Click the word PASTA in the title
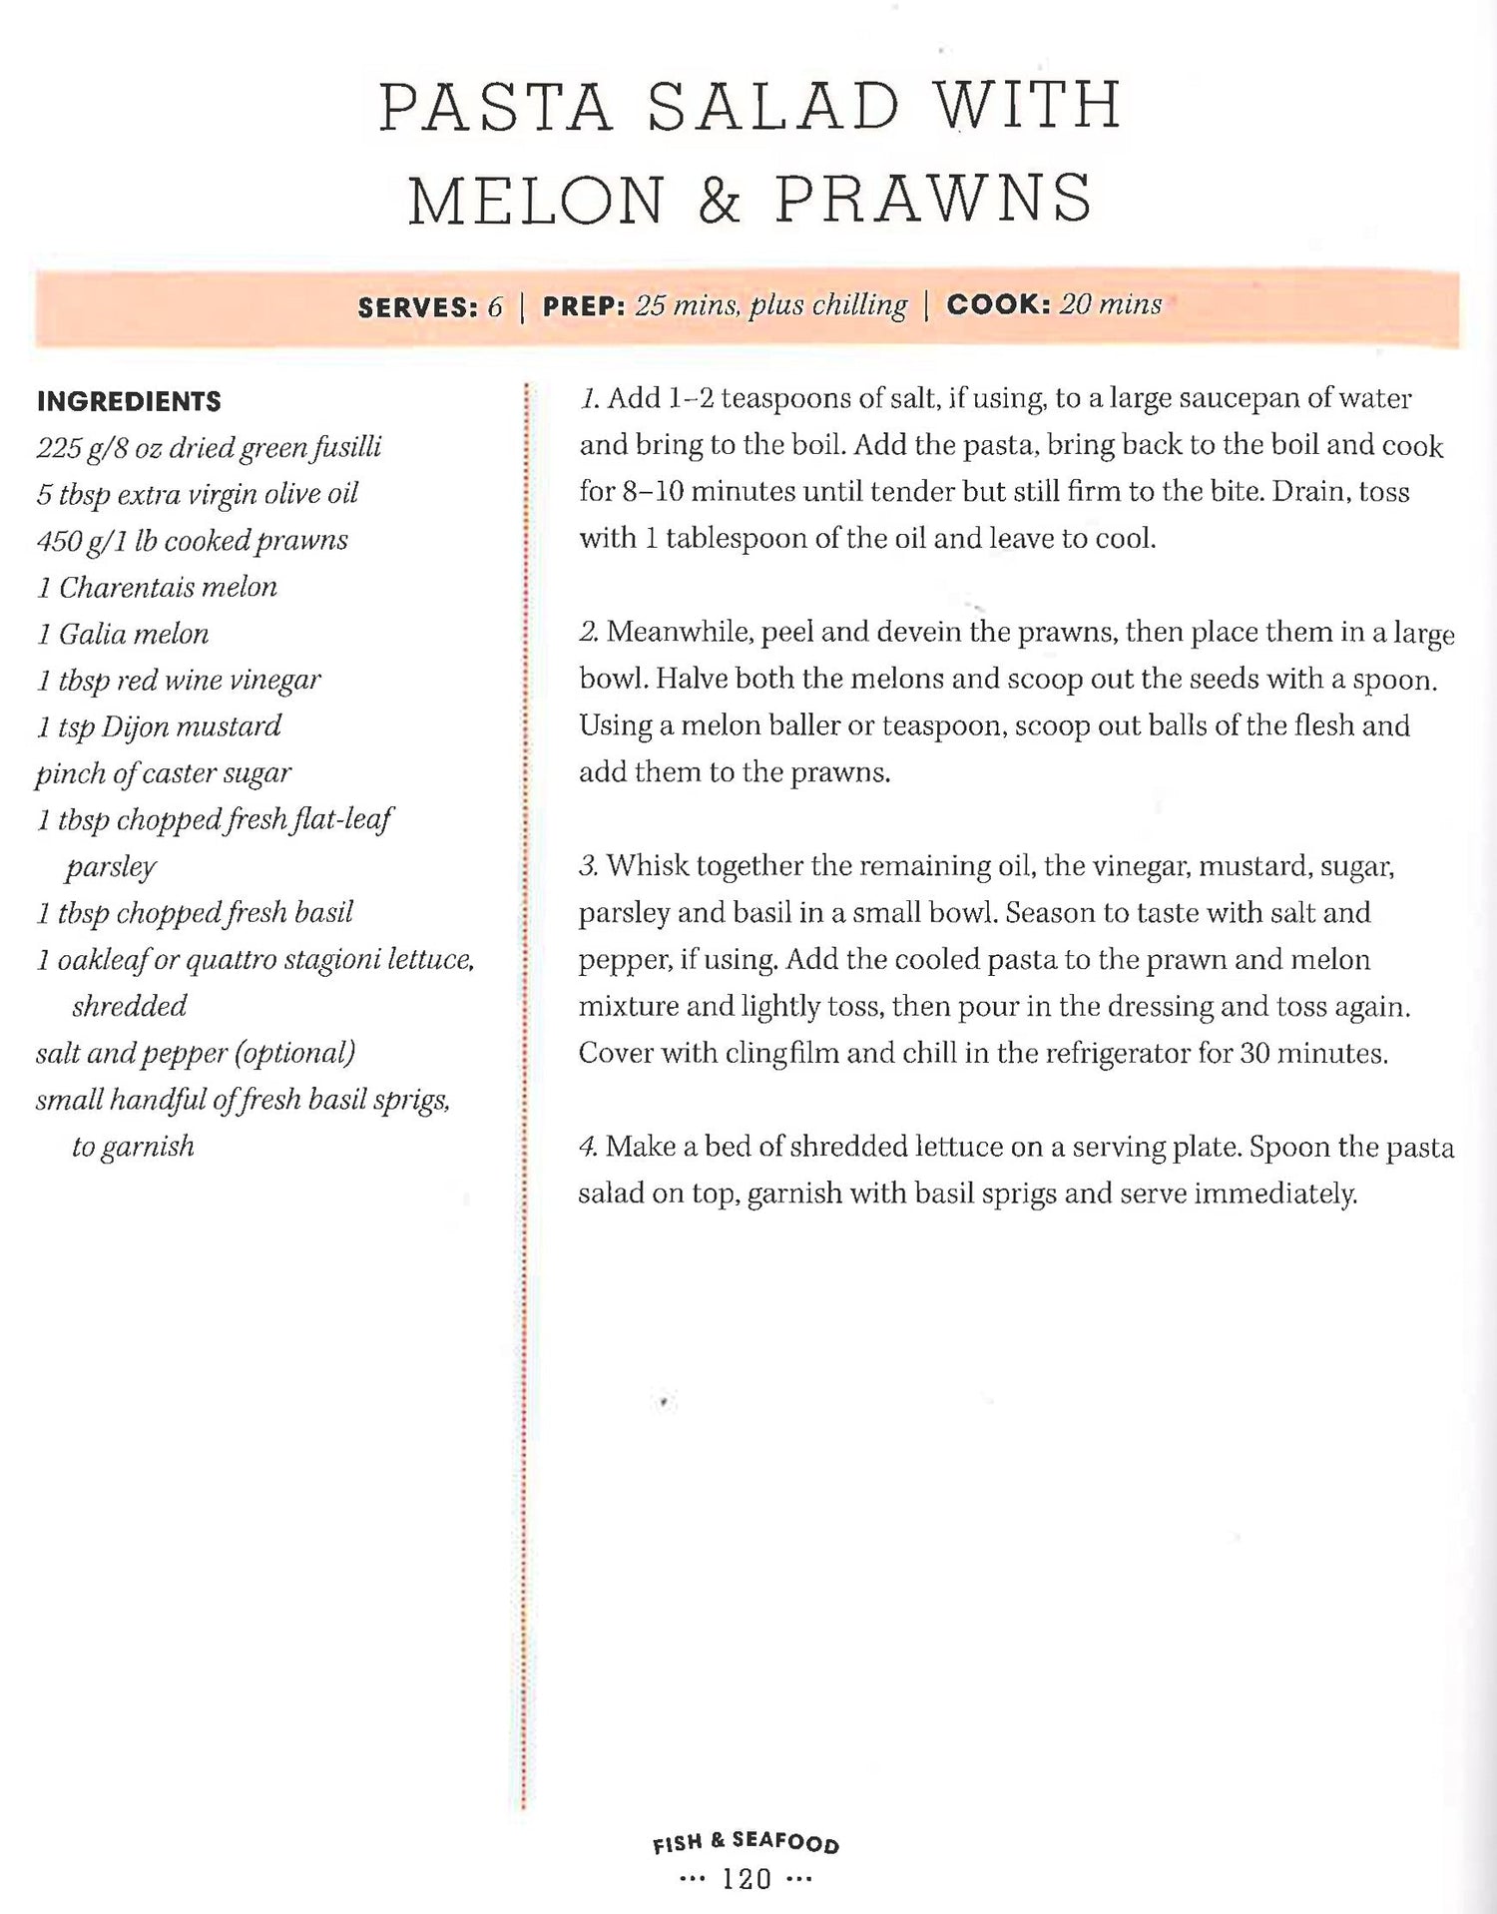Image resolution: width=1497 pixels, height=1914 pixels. click(495, 107)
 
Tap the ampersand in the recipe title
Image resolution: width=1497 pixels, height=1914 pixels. click(720, 200)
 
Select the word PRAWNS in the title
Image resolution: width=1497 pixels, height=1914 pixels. click(934, 199)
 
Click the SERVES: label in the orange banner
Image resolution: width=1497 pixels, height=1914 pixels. click(418, 307)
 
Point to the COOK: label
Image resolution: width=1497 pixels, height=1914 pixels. click(998, 304)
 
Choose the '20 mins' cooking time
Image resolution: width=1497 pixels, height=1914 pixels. click(1111, 304)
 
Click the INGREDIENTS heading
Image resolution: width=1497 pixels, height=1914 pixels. click(129, 401)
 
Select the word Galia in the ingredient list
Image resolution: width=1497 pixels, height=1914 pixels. click(92, 634)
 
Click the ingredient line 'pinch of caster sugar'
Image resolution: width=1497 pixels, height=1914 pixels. click(164, 773)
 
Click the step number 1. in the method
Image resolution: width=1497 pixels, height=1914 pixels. click(590, 399)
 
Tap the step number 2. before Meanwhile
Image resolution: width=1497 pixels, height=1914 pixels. click(589, 632)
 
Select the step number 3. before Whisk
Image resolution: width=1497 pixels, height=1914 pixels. click(589, 865)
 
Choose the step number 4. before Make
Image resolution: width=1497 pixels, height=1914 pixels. click(588, 1147)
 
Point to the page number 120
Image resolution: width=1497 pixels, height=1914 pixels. click(747, 1879)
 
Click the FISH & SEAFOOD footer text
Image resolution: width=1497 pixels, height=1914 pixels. click(746, 1842)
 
